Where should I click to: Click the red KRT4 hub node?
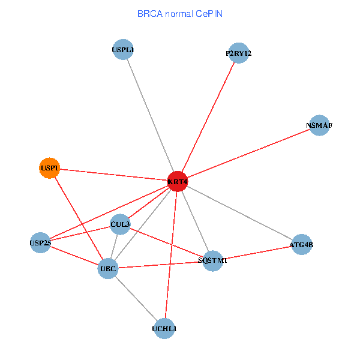(178, 181)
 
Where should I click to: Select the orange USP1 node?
(50, 168)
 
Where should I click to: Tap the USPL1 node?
(123, 50)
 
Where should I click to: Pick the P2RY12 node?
(239, 53)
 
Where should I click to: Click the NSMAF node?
(319, 125)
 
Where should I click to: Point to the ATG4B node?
(302, 245)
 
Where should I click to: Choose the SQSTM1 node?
(213, 261)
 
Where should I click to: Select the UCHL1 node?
(164, 329)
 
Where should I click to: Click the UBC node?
(108, 269)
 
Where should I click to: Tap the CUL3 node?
(120, 224)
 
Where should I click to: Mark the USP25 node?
(40, 242)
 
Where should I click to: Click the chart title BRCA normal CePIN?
(180, 14)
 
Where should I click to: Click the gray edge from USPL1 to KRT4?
(151, 115)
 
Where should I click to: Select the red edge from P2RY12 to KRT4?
(208, 118)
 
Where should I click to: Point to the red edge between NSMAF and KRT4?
(248, 154)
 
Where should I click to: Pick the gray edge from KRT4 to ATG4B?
(239, 213)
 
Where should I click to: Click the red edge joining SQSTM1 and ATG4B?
(257, 253)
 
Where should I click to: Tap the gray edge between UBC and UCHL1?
(136, 299)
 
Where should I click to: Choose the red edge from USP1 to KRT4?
(113, 175)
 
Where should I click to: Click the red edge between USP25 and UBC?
(74, 256)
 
